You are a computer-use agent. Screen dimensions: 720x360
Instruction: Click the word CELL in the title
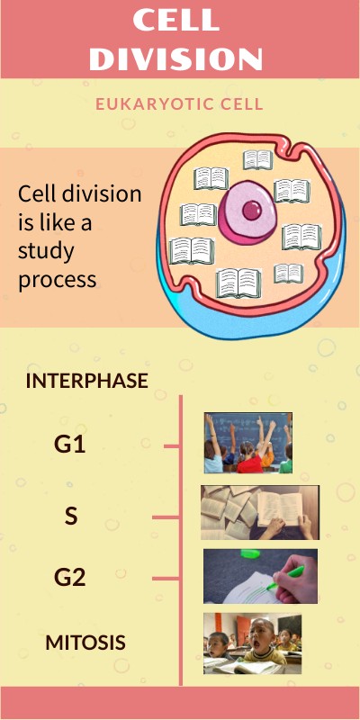pos(179,20)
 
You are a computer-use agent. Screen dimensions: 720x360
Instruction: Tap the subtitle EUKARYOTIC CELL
pos(179,104)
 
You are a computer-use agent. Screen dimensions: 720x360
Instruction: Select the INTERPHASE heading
pos(86,381)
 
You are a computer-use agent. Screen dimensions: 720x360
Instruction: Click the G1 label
pos(70,443)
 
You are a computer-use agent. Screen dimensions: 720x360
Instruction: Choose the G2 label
pos(70,577)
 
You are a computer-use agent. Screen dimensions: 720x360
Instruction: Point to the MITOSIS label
pos(85,642)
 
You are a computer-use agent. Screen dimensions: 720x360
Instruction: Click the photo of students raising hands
pos(247,443)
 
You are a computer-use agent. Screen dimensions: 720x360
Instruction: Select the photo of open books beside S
pos(260,512)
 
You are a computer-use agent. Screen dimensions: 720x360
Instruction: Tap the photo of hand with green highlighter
pos(260,576)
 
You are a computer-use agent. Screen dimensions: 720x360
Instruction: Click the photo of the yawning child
pos(252,643)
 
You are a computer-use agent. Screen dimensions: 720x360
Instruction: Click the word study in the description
pos(45,250)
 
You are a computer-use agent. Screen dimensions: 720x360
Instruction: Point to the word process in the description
pos(57,279)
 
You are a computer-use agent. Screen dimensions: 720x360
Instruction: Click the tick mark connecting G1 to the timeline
pos(172,445)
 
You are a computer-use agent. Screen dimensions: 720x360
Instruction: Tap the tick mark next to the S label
pos(166,517)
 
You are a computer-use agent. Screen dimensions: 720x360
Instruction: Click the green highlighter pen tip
pos(271,588)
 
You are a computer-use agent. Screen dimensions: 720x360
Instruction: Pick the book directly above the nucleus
pos(257,160)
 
